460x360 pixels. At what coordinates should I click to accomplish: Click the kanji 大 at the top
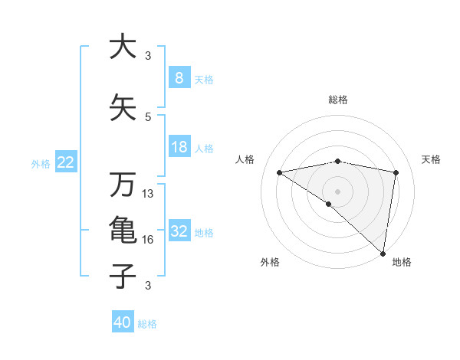(x=122, y=47)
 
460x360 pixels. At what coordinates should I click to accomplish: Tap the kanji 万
(x=122, y=185)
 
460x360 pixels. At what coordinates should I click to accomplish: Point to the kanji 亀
(x=122, y=231)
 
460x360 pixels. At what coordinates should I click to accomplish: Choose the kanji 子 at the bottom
(x=122, y=276)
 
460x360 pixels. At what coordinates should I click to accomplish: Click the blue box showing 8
(x=179, y=77)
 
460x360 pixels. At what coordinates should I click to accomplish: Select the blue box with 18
(x=179, y=147)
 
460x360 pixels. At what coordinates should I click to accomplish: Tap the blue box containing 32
(x=179, y=231)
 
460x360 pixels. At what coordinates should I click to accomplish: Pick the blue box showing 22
(x=66, y=162)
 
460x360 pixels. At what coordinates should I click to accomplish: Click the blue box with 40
(x=123, y=322)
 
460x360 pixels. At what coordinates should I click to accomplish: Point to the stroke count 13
(x=149, y=194)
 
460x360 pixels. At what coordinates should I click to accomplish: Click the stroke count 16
(x=149, y=240)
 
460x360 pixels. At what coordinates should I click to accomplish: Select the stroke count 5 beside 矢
(x=148, y=117)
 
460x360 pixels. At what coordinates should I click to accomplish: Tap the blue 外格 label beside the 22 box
(x=41, y=163)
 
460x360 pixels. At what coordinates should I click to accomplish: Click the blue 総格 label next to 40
(x=147, y=323)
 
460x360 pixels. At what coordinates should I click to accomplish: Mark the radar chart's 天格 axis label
(x=432, y=159)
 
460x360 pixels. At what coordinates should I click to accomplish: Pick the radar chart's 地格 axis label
(x=402, y=262)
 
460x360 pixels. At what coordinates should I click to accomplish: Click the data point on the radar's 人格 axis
(x=279, y=172)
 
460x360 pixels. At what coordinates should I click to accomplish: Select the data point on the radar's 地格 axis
(x=383, y=253)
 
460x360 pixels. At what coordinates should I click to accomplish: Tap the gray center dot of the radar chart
(x=337, y=190)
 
